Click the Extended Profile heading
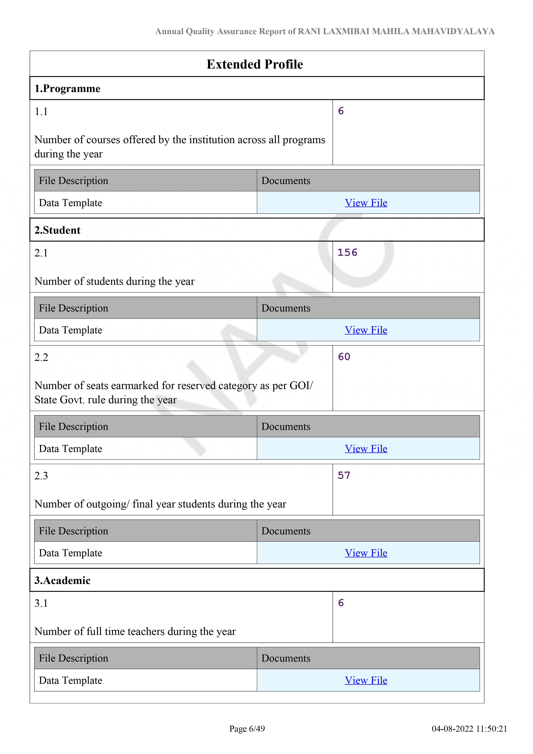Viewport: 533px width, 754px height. click(x=255, y=64)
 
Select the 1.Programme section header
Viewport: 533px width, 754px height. click(x=68, y=89)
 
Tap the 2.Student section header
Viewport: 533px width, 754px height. click(x=57, y=230)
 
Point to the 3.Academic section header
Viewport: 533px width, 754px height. click(x=62, y=580)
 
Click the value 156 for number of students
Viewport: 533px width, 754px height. click(x=347, y=253)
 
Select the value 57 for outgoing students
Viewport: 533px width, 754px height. click(x=344, y=475)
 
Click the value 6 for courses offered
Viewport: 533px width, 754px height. click(x=341, y=111)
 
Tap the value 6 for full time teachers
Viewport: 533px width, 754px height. click(x=341, y=603)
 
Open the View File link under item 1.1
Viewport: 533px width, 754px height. click(x=366, y=203)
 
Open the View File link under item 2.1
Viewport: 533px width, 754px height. click(x=366, y=330)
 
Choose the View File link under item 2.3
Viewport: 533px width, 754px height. click(x=366, y=553)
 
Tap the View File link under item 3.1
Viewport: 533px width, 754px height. click(x=366, y=680)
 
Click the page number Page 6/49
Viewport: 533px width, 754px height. click(x=247, y=729)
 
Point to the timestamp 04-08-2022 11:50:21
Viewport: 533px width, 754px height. click(x=469, y=729)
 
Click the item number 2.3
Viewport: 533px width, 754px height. click(x=41, y=476)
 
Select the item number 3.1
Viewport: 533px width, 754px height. click(x=41, y=603)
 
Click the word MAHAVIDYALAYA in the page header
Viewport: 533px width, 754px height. click(x=453, y=32)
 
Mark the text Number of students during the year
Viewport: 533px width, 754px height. click(x=115, y=281)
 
